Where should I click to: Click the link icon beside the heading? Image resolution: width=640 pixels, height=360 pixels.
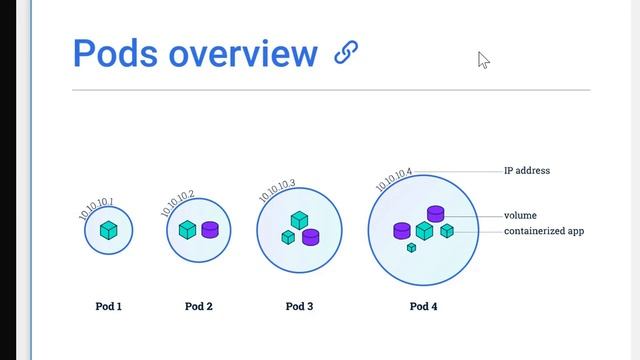point(346,52)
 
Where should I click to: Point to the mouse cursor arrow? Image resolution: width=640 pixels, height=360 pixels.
point(483,60)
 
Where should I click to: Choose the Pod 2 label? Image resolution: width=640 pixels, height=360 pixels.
point(199,306)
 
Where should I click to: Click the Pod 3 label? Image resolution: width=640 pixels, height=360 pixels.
point(299,306)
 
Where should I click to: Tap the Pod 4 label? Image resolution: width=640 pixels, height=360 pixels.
point(424,306)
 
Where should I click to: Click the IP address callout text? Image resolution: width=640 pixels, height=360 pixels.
point(527,171)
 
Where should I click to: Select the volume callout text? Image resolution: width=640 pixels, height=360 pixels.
point(520,215)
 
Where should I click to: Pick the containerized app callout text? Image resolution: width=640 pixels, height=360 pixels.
point(544,231)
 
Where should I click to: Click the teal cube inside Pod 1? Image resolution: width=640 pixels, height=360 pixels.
point(109,231)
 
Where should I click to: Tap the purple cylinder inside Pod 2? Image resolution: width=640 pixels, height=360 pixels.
point(210,229)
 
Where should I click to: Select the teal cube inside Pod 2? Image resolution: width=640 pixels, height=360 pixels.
point(187,229)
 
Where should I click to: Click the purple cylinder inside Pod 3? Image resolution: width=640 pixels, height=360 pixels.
point(310,237)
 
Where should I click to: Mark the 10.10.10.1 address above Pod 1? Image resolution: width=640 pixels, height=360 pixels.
point(97,207)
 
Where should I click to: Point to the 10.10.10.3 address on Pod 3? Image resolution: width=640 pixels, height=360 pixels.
point(277,190)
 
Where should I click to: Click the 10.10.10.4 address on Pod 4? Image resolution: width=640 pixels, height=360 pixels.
point(394,180)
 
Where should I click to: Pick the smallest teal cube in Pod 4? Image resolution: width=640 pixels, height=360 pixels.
point(411,247)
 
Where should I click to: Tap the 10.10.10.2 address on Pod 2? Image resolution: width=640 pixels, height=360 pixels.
point(178,203)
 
